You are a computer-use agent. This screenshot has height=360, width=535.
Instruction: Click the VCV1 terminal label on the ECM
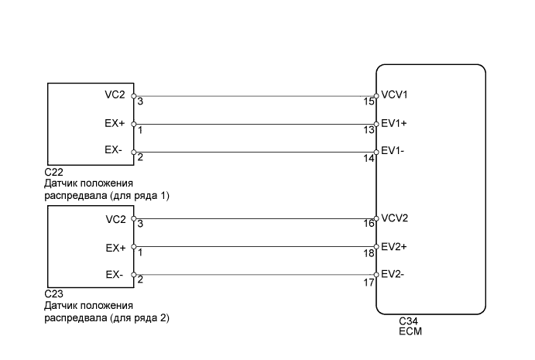(394, 94)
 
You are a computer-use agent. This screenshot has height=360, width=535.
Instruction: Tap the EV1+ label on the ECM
(394, 123)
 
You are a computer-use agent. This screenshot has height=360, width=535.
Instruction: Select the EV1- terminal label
(393, 151)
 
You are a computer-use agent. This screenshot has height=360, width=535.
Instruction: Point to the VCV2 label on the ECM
(394, 218)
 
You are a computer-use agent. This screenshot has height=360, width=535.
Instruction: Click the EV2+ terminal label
(394, 247)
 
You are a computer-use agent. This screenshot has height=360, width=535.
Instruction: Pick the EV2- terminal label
(393, 274)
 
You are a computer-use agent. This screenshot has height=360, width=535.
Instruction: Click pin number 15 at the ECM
(369, 101)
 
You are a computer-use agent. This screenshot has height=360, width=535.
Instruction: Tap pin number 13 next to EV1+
(369, 130)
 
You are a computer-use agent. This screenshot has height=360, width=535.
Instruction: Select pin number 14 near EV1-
(369, 159)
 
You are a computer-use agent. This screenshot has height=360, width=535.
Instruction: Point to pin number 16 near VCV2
(369, 224)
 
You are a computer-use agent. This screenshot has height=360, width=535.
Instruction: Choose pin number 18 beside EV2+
(369, 253)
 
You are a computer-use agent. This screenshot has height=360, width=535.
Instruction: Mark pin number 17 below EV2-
(369, 283)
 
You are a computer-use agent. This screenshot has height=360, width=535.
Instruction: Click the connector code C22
(54, 172)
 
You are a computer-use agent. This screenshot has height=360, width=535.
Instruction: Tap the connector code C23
(54, 293)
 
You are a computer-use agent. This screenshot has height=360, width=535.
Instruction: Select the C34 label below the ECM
(409, 321)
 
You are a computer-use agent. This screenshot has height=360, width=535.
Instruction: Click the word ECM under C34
(410, 331)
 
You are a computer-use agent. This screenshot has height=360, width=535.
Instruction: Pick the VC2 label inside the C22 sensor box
(115, 94)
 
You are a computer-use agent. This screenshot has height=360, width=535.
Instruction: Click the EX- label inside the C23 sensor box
(114, 275)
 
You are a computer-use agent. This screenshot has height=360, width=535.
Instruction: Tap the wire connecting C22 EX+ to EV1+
(255, 124)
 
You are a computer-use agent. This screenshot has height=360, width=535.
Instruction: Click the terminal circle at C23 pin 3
(134, 218)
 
